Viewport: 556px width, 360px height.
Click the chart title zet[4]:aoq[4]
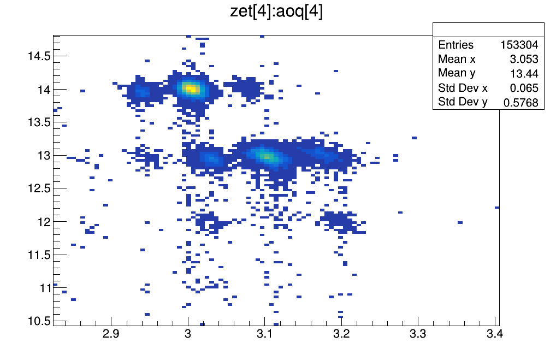(277, 12)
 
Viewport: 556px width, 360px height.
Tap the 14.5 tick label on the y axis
(39, 56)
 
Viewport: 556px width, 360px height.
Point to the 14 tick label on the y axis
(44, 89)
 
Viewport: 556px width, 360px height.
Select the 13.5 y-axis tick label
(39, 122)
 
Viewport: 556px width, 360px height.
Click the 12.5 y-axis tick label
(39, 188)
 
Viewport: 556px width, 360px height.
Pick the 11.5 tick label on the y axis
(39, 255)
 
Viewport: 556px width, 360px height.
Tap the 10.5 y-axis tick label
(39, 320)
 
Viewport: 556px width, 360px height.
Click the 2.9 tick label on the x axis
(111, 334)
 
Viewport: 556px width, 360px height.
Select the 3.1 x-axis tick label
(265, 334)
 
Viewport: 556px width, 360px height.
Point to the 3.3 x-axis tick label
(418, 334)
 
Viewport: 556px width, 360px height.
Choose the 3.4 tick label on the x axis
(495, 334)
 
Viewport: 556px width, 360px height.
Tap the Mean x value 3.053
(525, 59)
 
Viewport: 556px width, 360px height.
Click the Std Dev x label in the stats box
(463, 88)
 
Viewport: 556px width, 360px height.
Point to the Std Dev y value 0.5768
(523, 102)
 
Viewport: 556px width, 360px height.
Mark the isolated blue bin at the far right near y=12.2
(496, 207)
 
